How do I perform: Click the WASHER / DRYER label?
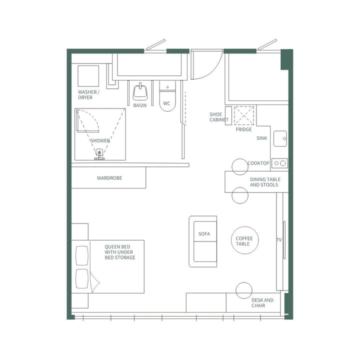[88, 94]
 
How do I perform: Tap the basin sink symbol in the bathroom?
[140, 92]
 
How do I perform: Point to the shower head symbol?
[99, 153]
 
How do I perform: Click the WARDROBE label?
[109, 178]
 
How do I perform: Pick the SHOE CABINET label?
[218, 117]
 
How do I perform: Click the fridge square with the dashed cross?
[244, 115]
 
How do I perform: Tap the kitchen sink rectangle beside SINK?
[280, 138]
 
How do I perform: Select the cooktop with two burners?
[279, 163]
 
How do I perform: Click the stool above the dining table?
[240, 166]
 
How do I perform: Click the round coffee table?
[244, 240]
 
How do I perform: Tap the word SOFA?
[204, 233]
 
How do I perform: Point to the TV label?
[279, 240]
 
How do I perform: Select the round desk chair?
[244, 290]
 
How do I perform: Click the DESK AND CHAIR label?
[262, 302]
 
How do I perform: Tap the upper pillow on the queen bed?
[81, 255]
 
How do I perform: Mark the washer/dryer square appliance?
[88, 75]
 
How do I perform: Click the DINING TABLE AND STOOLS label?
[264, 182]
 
